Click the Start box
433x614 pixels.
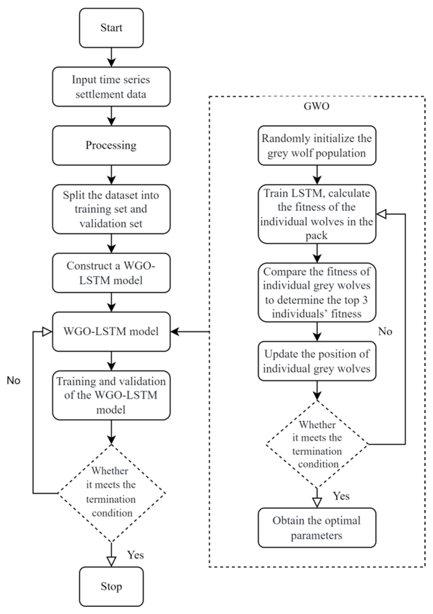click(x=111, y=28)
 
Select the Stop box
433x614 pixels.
click(x=111, y=586)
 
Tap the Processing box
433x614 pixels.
click(x=111, y=145)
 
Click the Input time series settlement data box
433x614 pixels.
click(x=111, y=87)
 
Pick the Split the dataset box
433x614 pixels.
click(x=111, y=209)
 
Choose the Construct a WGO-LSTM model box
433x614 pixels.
click(x=111, y=273)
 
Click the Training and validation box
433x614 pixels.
click(x=111, y=395)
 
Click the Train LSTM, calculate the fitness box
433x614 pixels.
click(x=317, y=214)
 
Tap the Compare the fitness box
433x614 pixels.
click(x=317, y=292)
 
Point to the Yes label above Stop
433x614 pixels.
click(x=135, y=555)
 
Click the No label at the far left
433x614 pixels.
click(x=13, y=380)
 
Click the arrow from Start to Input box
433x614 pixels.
click(x=111, y=57)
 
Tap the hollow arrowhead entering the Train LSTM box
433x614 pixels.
click(x=381, y=214)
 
